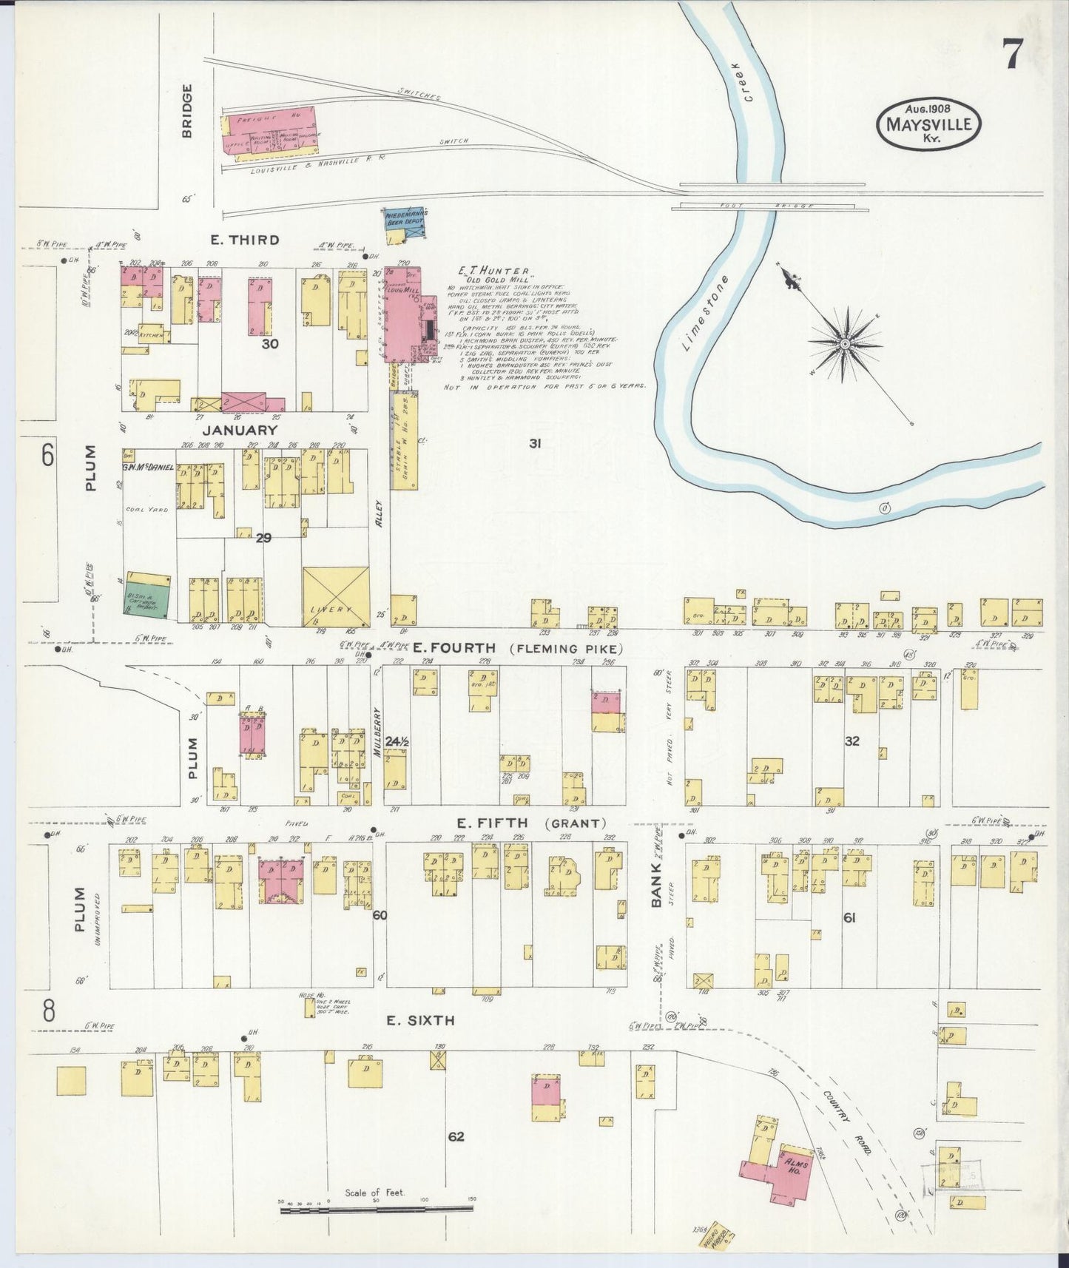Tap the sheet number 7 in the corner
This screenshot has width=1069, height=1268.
click(x=1014, y=54)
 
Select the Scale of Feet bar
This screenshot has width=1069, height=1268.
click(x=376, y=1210)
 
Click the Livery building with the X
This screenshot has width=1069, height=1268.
click(x=336, y=597)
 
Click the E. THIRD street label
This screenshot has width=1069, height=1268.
click(x=243, y=240)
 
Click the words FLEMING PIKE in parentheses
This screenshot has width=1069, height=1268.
click(x=566, y=649)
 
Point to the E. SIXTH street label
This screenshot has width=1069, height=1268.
click(x=420, y=1020)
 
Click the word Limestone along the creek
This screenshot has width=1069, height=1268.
click(x=706, y=313)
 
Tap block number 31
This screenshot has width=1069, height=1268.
click(x=536, y=444)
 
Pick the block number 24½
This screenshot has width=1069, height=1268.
click(x=397, y=741)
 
